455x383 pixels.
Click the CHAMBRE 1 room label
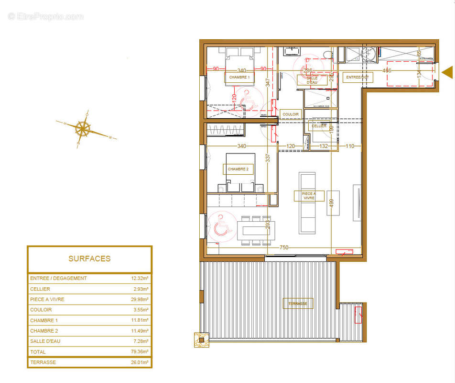(239, 77)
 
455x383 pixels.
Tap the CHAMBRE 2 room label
(238, 169)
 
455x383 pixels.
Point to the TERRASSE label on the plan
(297, 304)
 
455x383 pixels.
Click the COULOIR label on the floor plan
(291, 114)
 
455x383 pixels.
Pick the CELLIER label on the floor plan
(319, 126)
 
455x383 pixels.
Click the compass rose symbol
(83, 128)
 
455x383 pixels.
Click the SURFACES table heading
(89, 259)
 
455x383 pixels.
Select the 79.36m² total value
(141, 352)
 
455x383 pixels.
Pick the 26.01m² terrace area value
(141, 362)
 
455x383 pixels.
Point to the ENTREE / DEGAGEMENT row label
(58, 278)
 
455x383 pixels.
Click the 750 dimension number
(284, 247)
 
